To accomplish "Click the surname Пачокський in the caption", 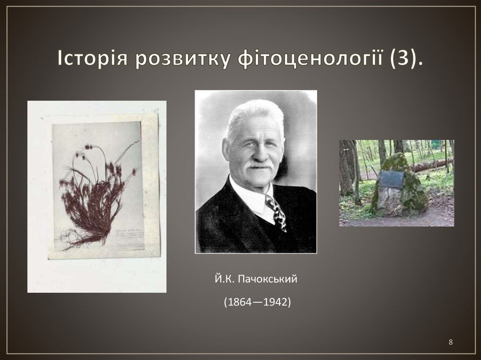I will click(x=268, y=280).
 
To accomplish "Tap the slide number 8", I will click(x=451, y=342).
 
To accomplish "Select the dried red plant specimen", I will click(x=96, y=192).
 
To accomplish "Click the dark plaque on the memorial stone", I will click(x=393, y=179).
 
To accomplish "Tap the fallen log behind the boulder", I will click(x=430, y=165).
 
